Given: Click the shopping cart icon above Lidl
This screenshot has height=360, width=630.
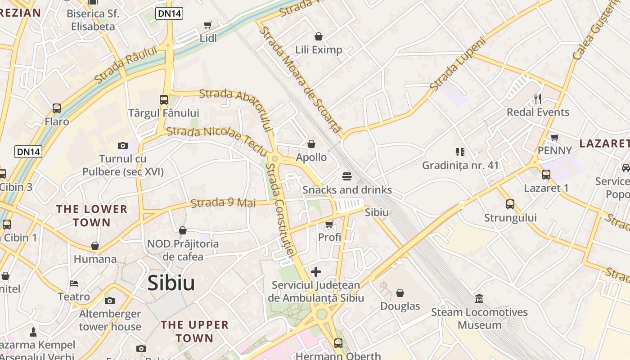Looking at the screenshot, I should point(207,25).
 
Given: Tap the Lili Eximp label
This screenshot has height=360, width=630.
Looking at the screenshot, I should point(319,49).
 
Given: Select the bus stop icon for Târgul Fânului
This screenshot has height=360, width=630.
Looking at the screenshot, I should point(164,100).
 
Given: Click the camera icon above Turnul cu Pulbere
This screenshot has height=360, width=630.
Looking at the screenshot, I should point(123,145).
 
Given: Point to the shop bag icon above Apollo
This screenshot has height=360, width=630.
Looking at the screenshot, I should point(311,144).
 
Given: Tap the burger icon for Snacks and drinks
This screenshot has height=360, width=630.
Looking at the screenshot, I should point(346,176).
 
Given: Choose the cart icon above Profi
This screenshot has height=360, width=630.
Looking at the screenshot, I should point(329,224).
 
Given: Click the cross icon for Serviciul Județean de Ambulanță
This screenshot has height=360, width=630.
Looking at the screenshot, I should point(316,272).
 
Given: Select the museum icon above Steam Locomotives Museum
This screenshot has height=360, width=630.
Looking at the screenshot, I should point(479,298).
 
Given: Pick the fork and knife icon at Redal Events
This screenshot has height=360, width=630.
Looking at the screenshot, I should point(538,99).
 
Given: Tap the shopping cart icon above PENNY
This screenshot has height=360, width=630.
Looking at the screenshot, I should point(555,137).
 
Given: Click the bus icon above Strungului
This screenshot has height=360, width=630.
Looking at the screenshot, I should point(510,204).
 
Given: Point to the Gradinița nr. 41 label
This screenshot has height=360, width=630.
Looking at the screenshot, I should point(460,165).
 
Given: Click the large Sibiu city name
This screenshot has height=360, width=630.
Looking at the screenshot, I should point(171,283).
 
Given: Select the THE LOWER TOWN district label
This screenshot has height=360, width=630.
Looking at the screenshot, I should point(92,216).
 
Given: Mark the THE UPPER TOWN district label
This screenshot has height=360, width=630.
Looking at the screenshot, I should point(195,331).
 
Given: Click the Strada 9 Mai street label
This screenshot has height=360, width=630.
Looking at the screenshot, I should point(223,203).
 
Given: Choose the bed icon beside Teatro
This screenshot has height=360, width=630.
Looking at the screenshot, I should point(74,283).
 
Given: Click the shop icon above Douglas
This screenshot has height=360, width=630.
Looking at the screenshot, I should point(400,293).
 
